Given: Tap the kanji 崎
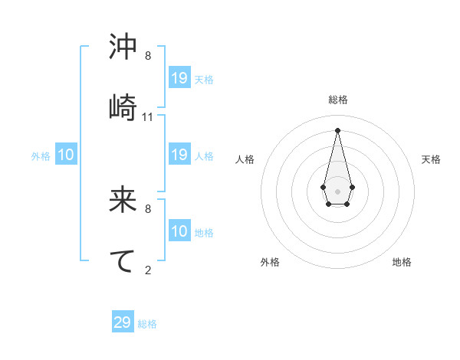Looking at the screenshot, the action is [123, 106].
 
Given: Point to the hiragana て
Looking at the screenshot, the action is [123, 260].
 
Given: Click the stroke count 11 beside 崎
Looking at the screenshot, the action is [148, 117].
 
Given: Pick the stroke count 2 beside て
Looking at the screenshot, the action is [148, 270].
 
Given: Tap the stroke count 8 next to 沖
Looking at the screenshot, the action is [148, 56].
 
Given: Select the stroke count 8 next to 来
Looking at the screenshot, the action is [148, 208].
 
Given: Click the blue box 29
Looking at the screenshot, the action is [123, 322].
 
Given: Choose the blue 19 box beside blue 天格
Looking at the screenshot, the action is [179, 77].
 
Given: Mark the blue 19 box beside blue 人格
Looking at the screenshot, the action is [179, 155].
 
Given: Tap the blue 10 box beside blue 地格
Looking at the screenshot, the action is [179, 231].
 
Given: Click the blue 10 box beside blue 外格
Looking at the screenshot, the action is [66, 155].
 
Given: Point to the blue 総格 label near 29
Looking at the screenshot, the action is [147, 325].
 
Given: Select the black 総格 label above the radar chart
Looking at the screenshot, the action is [338, 100].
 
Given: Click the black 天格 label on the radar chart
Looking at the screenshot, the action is [431, 159].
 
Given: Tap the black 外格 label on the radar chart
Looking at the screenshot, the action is [270, 262].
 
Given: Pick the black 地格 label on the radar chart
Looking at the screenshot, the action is [402, 262].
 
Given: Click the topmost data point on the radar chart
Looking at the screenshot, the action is [337, 129].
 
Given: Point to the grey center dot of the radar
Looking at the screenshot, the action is [337, 190].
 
